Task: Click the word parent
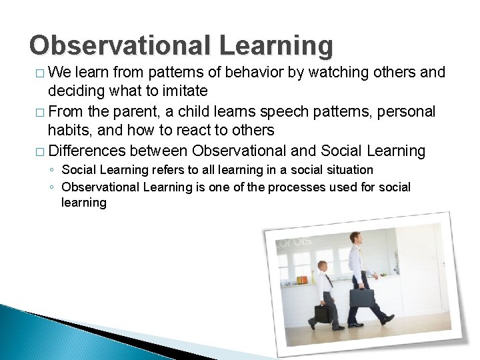(x=136, y=111)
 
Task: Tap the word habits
(x=69, y=130)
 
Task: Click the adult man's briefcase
(x=361, y=297)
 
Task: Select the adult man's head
(x=356, y=237)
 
